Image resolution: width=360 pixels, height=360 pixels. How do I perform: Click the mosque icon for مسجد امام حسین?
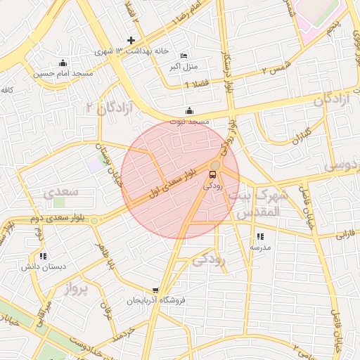[x=63, y=63]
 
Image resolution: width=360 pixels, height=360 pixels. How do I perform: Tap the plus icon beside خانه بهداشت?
[x=131, y=40]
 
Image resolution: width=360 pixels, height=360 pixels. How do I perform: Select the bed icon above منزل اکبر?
[x=184, y=56]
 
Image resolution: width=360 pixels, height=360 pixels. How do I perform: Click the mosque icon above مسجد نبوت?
[x=188, y=110]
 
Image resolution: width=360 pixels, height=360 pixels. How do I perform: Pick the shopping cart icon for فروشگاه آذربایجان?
[x=155, y=290]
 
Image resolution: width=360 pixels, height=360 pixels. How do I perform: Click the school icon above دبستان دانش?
[x=44, y=256]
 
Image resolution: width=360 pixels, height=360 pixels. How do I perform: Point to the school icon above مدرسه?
[x=260, y=237]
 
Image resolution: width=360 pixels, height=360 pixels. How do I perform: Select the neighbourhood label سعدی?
[x=61, y=192]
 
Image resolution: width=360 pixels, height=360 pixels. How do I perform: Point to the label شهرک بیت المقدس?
[x=258, y=202]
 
